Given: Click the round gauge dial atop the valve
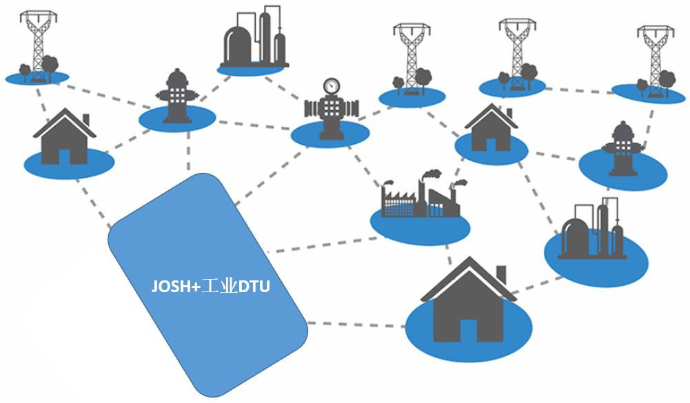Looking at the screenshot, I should (332, 85).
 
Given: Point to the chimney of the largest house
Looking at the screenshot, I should (501, 274).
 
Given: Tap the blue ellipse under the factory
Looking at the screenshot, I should (420, 227).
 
